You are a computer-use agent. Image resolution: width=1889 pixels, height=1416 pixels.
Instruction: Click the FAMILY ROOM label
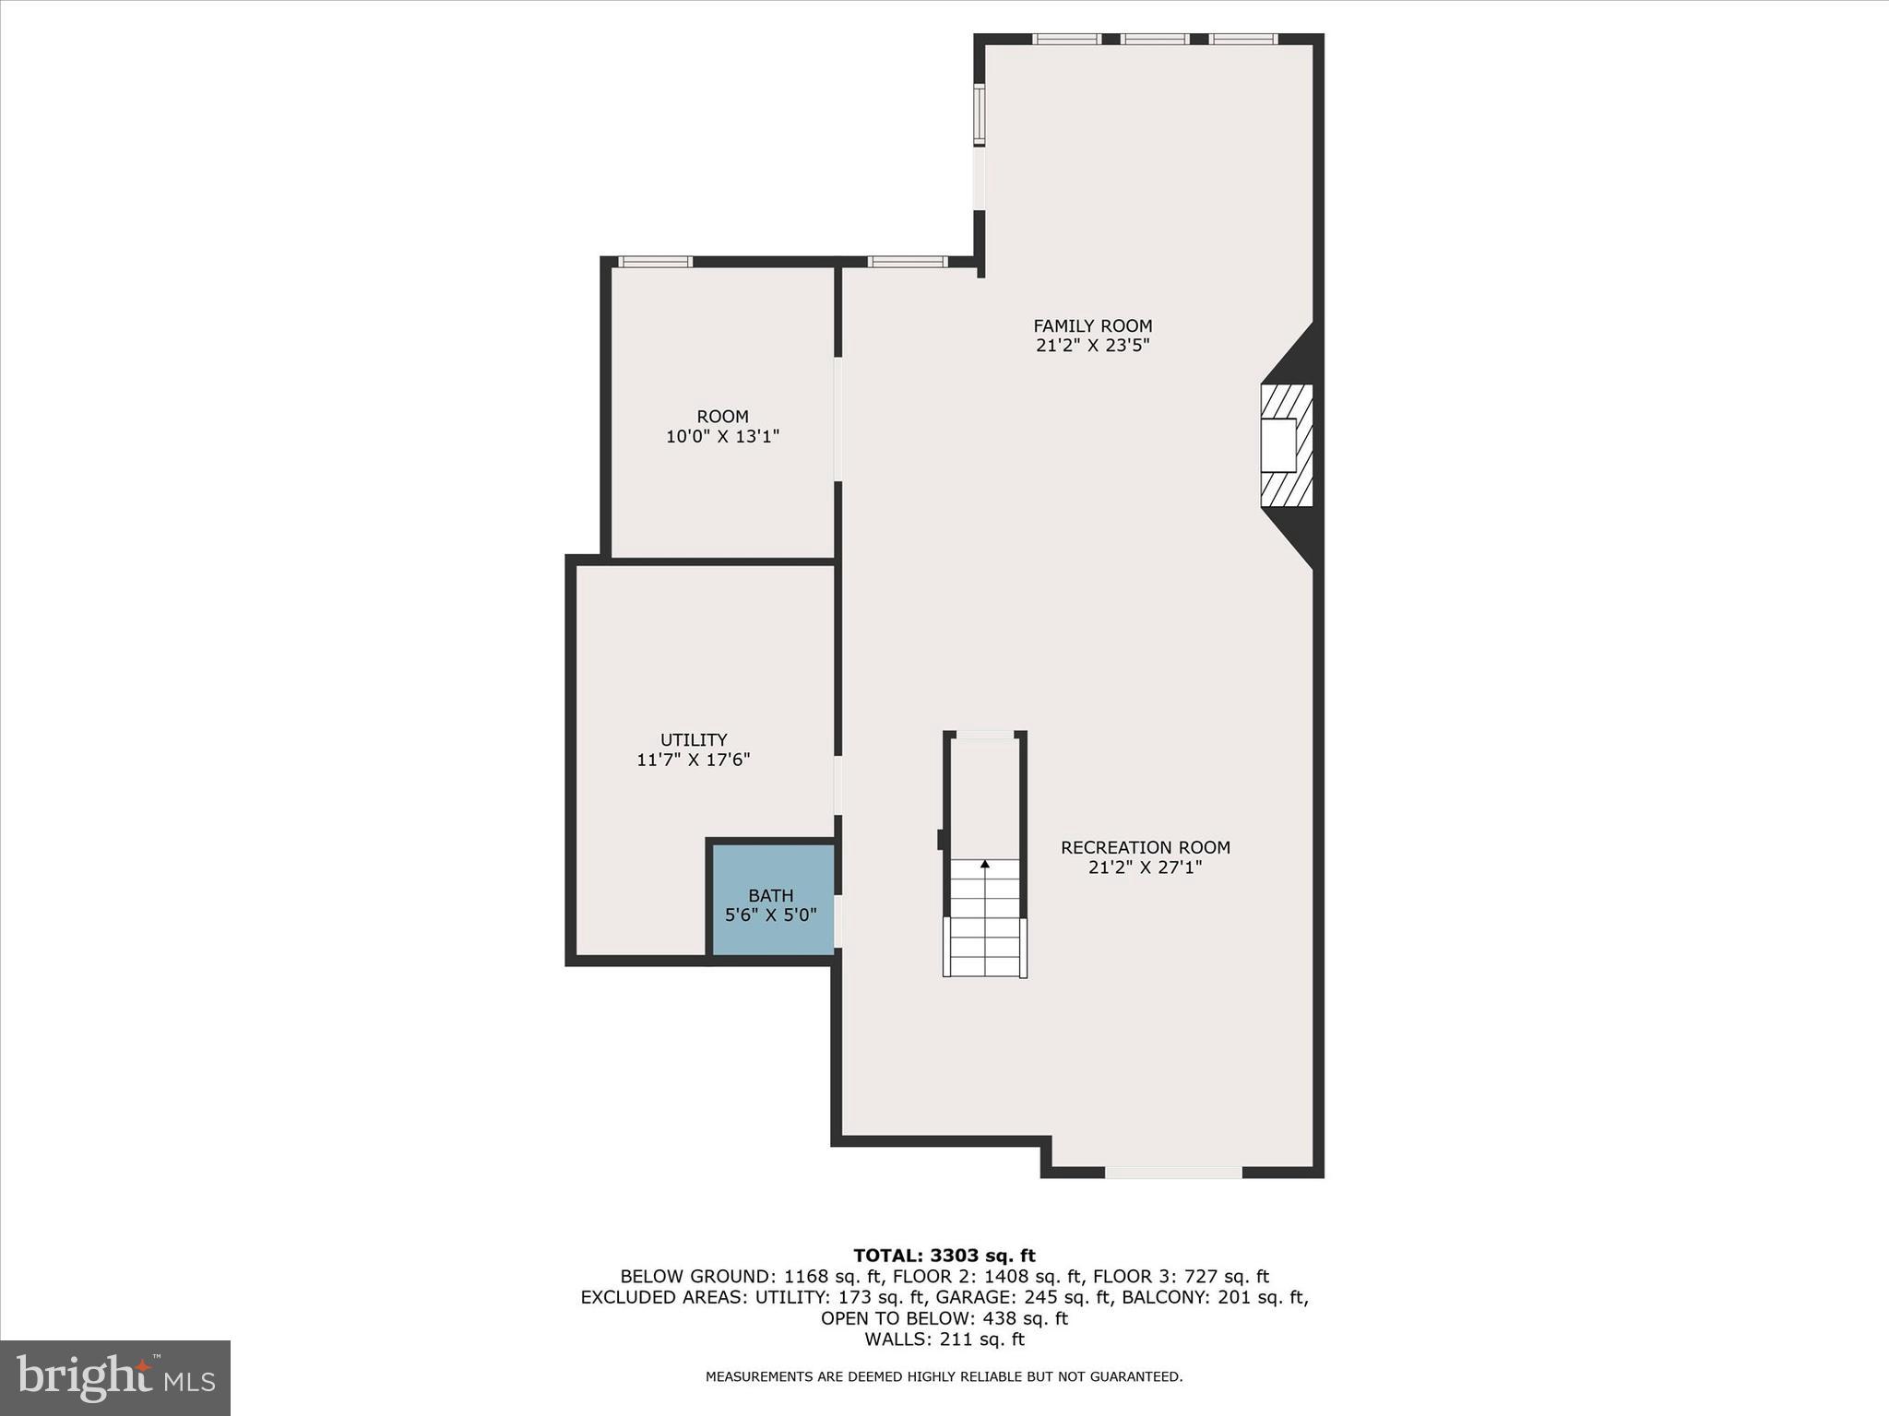(1092, 325)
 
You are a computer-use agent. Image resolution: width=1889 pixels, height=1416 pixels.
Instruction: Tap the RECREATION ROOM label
(1145, 847)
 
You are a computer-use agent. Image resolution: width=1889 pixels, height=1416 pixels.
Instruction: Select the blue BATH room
(771, 900)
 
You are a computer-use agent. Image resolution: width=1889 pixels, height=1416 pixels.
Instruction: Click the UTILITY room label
(694, 739)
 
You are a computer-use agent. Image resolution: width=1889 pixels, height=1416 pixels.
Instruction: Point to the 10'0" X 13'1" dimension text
(722, 436)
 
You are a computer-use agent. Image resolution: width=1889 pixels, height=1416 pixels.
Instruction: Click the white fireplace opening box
(1278, 445)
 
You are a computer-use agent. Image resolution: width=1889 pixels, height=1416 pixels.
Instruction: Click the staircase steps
(985, 922)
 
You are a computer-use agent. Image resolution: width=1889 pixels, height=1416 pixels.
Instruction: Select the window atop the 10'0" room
(655, 262)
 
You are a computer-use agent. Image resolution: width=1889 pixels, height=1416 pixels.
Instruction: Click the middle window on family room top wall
(1154, 39)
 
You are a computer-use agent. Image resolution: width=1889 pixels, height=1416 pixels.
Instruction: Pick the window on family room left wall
(980, 114)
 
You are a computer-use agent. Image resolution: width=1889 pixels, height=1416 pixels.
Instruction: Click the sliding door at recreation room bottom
(1173, 1173)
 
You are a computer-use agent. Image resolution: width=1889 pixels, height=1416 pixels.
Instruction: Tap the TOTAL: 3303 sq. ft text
(944, 1256)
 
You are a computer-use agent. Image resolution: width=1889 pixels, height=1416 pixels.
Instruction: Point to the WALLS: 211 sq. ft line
(944, 1339)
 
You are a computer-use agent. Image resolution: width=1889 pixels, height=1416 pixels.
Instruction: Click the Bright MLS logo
(115, 1377)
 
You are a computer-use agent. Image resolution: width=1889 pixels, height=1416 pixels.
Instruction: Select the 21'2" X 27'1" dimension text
(1145, 867)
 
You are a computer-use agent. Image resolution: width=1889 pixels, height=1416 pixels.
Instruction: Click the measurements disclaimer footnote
(944, 1376)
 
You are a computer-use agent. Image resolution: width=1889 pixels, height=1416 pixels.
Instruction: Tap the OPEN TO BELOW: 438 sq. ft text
(944, 1318)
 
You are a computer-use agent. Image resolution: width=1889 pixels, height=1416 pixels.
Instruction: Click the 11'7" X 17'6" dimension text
(694, 760)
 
